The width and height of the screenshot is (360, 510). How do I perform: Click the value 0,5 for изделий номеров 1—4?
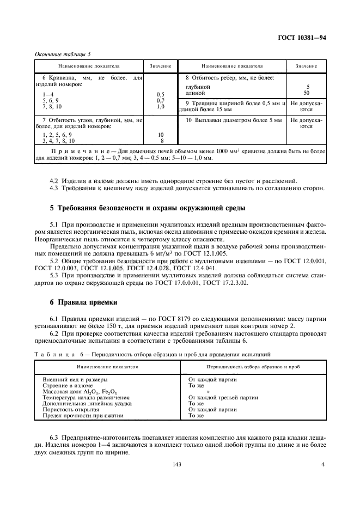160,94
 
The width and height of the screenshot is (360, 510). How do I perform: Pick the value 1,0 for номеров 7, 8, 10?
160,107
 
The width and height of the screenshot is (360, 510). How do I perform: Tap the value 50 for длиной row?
308,93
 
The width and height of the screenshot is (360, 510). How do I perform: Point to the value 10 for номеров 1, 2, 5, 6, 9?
160,134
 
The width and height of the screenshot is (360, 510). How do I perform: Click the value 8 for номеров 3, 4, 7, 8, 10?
160,141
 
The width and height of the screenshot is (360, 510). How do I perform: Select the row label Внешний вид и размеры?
75,379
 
